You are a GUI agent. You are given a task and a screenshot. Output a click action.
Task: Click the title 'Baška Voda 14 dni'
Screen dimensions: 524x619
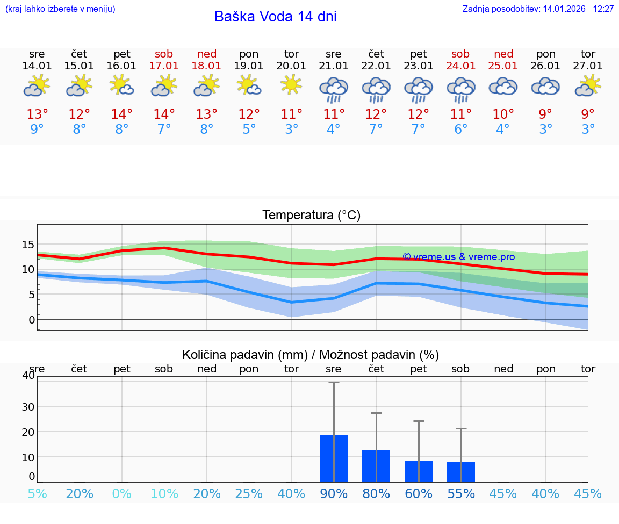275,17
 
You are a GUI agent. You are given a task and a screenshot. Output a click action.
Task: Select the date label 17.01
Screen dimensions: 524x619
164,66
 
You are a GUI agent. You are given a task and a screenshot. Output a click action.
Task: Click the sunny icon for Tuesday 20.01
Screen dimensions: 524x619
291,85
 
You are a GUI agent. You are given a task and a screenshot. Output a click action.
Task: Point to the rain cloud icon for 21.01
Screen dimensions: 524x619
334,89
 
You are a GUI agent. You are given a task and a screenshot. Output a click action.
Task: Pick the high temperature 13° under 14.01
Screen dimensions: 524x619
37,114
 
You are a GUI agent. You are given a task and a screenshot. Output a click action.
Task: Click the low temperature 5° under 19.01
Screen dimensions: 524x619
249,129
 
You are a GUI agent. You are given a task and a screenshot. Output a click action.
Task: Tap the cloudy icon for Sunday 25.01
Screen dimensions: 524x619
503,87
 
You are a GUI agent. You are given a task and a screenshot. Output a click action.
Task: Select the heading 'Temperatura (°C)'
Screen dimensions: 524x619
311,215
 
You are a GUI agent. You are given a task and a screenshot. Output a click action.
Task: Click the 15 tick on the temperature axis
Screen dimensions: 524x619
27,245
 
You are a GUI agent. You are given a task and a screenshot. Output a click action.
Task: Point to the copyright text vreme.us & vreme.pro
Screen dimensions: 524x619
458,257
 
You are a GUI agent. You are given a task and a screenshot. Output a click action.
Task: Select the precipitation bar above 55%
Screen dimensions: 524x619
461,471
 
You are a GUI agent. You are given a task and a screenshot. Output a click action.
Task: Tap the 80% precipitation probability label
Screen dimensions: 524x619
376,494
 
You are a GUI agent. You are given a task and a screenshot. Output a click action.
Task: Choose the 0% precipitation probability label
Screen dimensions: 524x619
122,494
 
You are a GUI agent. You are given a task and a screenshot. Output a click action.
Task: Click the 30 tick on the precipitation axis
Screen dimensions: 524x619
28,406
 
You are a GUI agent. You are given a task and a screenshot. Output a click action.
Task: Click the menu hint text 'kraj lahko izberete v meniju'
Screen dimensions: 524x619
60,9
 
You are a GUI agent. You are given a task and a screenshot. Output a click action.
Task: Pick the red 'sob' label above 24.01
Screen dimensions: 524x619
460,54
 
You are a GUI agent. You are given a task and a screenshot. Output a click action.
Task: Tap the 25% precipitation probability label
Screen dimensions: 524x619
249,494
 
